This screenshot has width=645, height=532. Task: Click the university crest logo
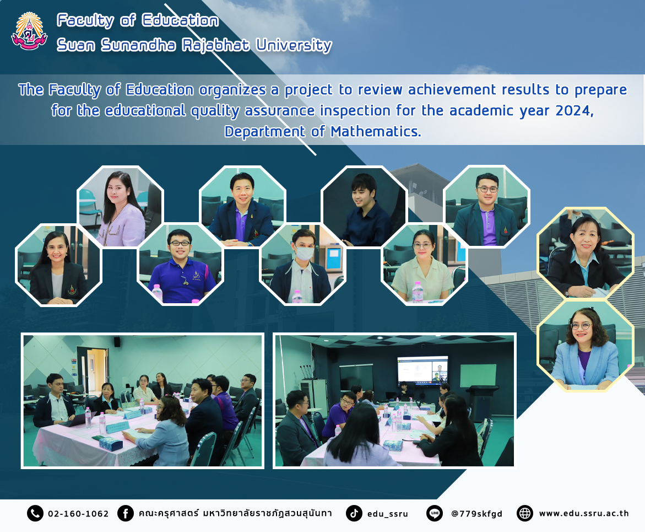coord(29,31)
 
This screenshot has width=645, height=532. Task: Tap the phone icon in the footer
coord(35,513)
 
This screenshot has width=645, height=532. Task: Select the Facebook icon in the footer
coord(126,513)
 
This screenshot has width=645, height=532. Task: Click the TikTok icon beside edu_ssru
coord(354,513)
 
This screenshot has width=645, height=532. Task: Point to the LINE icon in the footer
coord(435,513)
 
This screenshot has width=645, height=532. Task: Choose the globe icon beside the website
coord(525,513)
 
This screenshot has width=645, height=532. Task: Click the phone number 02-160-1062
coord(78,514)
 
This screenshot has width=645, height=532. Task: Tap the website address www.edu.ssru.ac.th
coord(584,513)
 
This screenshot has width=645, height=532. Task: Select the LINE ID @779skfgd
coord(477,514)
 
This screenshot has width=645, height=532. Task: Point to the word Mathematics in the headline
coord(376,131)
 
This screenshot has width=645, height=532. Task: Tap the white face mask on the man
coord(305,253)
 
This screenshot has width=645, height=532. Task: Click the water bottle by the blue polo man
coord(157,293)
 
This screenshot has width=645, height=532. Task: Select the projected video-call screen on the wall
coord(422,371)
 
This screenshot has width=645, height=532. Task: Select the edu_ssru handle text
coord(387,514)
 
